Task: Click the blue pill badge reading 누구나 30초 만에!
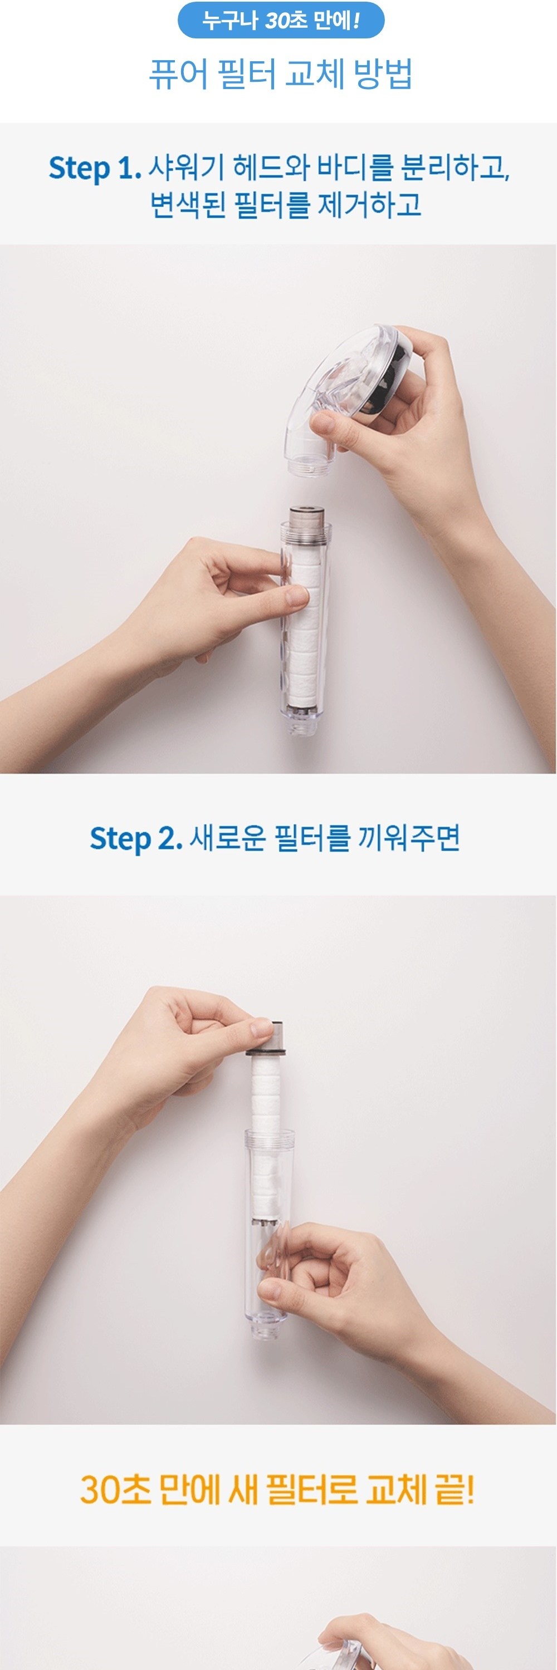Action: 281,20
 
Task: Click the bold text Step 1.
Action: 95,169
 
